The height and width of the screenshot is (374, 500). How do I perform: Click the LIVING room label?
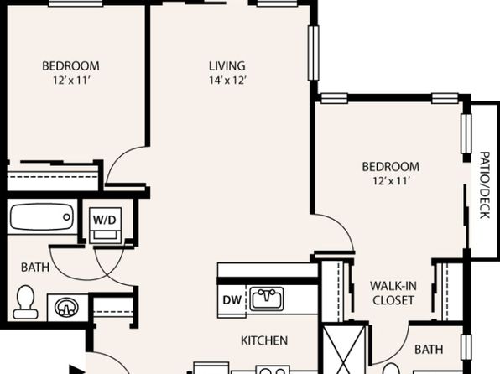(227, 66)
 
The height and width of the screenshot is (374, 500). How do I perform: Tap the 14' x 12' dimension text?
(227, 80)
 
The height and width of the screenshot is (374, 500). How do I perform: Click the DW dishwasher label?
(232, 300)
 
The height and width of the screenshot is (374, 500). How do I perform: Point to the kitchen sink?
(267, 299)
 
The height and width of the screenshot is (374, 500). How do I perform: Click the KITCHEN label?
(264, 340)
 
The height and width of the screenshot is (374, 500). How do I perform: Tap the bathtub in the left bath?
(41, 217)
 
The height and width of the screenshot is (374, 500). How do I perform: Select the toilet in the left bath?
(25, 302)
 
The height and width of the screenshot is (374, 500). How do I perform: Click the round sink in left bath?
(66, 308)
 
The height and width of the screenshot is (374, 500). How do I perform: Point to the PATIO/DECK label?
(484, 185)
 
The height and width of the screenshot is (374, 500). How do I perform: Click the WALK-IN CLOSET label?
(393, 293)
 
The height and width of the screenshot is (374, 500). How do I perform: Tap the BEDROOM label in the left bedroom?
(70, 66)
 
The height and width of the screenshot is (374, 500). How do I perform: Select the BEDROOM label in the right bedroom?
(391, 167)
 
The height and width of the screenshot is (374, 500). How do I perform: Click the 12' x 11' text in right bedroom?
(391, 181)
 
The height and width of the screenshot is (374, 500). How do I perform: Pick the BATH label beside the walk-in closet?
(429, 350)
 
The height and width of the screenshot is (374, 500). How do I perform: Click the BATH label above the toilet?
(35, 268)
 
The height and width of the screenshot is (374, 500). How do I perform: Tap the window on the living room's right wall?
(314, 53)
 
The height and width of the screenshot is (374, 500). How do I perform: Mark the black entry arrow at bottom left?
(76, 370)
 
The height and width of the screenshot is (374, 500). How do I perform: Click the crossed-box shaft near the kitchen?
(344, 350)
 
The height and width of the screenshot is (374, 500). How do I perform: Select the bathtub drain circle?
(66, 217)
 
